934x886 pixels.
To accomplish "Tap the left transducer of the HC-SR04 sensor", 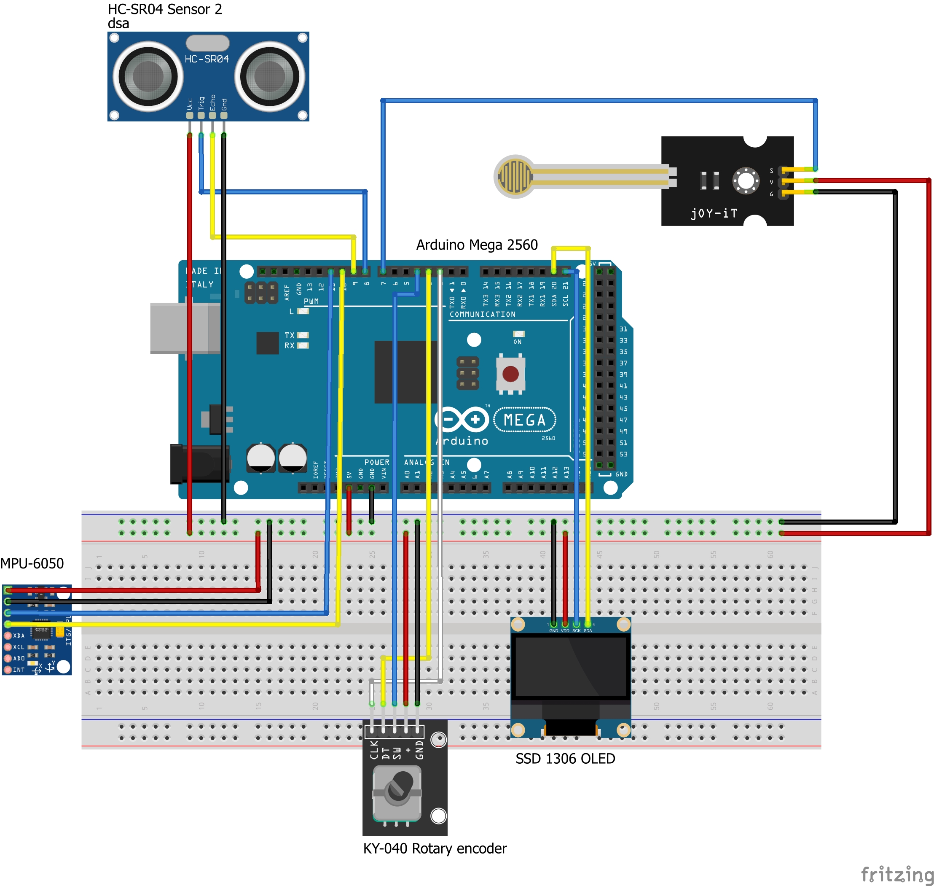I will click(x=148, y=76).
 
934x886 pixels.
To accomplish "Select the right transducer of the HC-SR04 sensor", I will click(x=269, y=76).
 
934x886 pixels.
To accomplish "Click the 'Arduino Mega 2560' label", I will click(x=477, y=245).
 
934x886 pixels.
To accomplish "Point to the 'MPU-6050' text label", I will click(x=32, y=563).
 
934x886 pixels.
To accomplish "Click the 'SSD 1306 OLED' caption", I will click(x=565, y=759).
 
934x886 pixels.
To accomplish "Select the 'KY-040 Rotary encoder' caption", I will click(x=434, y=849).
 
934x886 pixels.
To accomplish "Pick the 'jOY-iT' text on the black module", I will click(x=714, y=213).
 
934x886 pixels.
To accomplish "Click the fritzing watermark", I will click(x=897, y=874).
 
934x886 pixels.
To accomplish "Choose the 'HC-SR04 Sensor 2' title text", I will click(x=165, y=9).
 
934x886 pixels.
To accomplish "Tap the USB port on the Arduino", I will click(x=185, y=328).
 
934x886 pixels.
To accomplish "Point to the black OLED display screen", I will click(x=571, y=666).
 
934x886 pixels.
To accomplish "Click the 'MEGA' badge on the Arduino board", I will click(x=524, y=420).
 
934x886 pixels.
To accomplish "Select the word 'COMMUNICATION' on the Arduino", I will click(x=482, y=315).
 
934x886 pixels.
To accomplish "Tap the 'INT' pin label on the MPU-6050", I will click(x=19, y=670).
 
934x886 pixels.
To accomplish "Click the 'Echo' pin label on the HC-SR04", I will click(x=213, y=102).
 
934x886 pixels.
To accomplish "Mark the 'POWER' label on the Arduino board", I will click(x=377, y=462).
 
